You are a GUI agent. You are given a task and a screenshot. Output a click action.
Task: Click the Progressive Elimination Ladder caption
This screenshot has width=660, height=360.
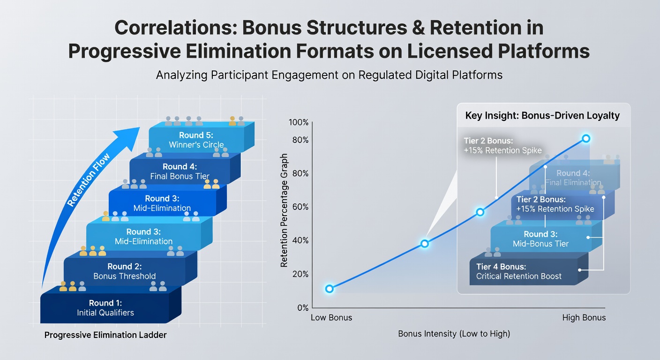(105, 335)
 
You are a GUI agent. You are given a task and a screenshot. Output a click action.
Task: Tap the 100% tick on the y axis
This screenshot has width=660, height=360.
(299, 122)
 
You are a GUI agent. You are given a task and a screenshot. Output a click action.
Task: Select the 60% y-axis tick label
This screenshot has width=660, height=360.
(300, 207)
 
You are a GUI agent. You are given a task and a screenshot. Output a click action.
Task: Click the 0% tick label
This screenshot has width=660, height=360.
(303, 308)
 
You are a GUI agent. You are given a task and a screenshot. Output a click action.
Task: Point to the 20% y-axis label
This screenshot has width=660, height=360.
(300, 274)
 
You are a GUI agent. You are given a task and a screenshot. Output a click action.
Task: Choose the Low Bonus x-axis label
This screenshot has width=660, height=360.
(331, 317)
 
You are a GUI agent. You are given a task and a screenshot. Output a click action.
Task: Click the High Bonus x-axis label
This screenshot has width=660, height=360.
(584, 317)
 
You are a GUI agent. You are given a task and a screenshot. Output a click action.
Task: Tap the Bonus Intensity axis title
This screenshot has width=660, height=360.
(454, 334)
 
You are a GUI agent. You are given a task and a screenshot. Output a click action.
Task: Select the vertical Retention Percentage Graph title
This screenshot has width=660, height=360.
(284, 210)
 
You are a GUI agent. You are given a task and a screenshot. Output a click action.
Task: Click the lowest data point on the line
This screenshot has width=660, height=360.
(330, 289)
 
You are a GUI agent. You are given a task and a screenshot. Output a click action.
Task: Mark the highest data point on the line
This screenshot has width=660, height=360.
(586, 138)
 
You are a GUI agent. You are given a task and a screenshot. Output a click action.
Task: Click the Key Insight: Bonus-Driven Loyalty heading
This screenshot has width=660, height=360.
(542, 115)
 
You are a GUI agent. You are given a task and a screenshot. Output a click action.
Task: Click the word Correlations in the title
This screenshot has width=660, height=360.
(176, 28)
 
